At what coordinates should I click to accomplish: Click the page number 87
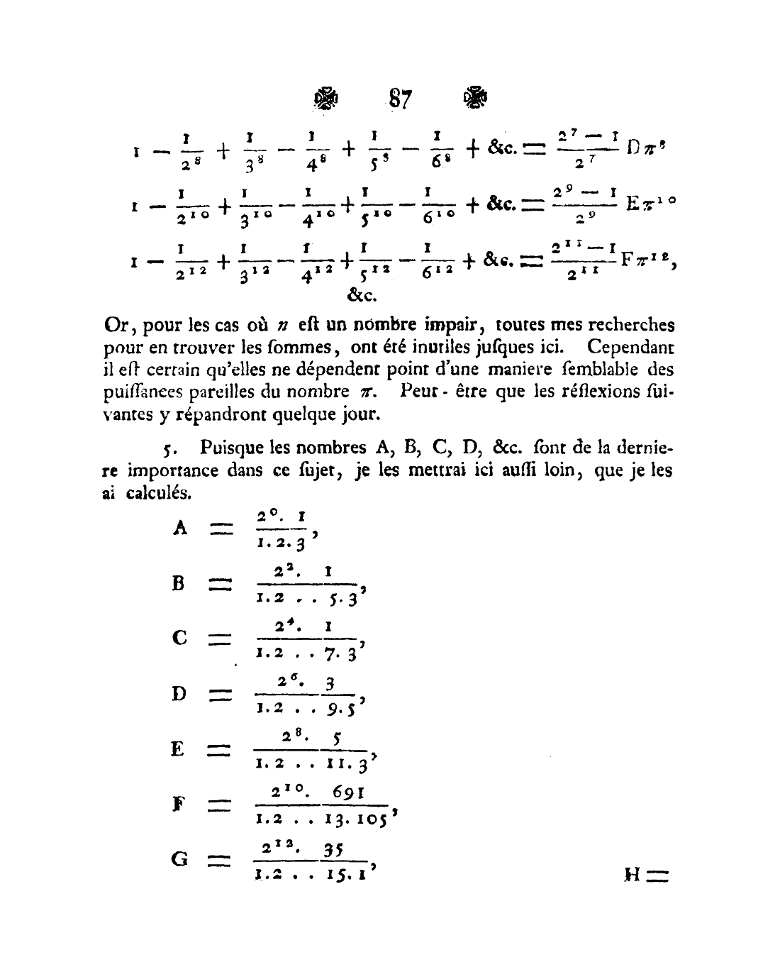coord(400,99)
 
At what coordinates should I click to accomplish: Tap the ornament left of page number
coord(326,99)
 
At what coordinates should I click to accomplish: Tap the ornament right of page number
coord(474,98)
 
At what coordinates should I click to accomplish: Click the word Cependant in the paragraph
coord(630,348)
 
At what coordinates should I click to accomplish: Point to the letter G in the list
coord(180,859)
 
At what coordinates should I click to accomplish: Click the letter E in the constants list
coord(178,749)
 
